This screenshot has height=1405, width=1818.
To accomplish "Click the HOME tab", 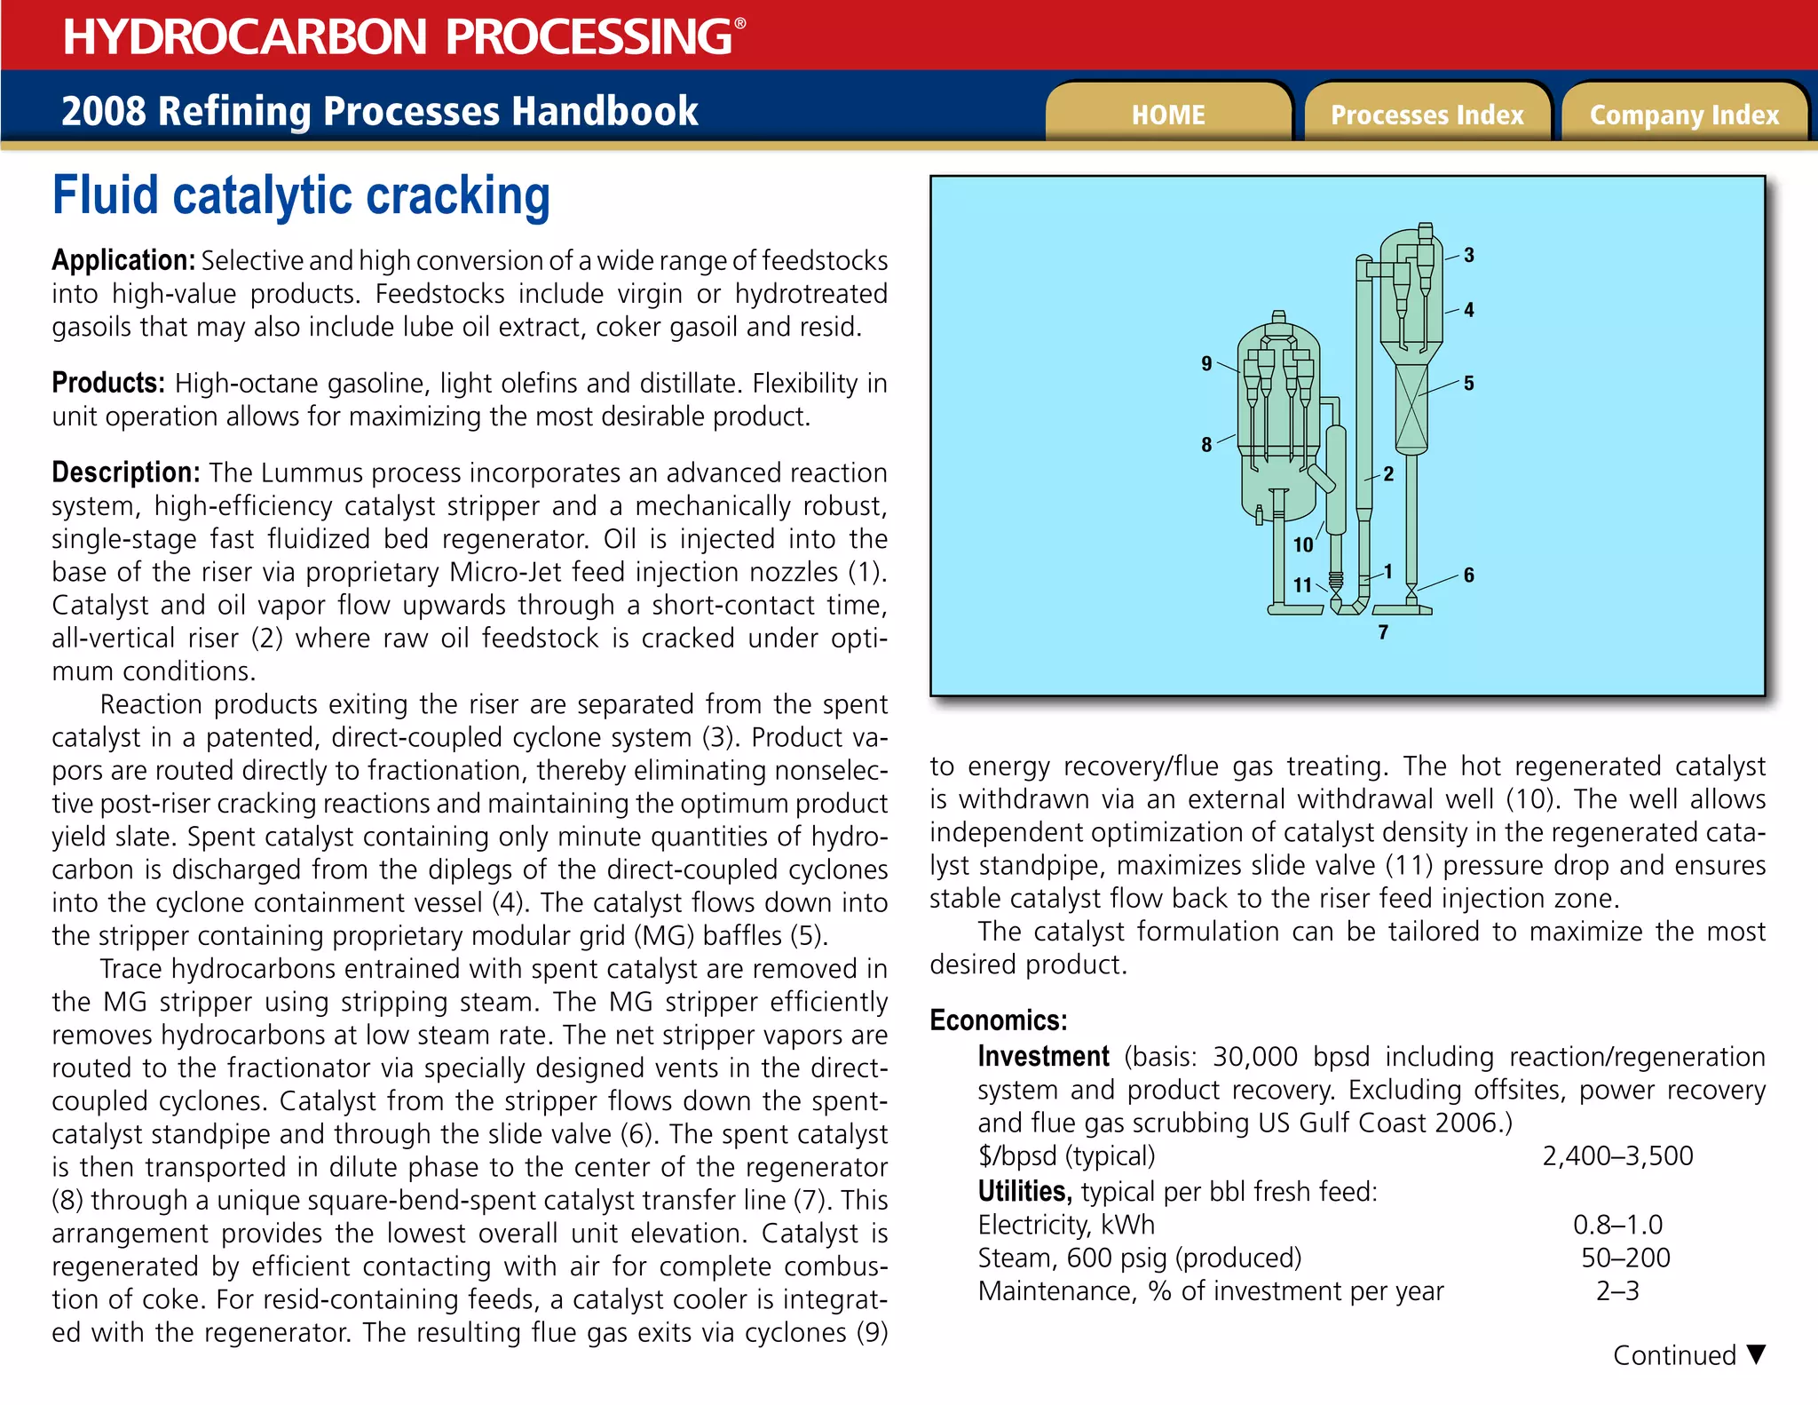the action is point(1167,115).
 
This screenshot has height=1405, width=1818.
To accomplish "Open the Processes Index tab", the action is point(1427,115).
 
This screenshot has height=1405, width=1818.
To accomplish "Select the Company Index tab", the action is point(1684,115).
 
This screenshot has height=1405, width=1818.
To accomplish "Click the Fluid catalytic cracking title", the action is point(302,195).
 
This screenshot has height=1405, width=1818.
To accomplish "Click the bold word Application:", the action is point(123,260).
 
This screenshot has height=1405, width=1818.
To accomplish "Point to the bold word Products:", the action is point(108,383).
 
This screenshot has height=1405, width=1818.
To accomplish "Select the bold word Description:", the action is point(126,472).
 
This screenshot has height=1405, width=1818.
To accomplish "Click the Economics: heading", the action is point(998,1020).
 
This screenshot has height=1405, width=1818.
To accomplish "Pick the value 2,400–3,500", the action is point(1617,1155).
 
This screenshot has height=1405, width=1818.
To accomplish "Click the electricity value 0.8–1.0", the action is point(1617,1225).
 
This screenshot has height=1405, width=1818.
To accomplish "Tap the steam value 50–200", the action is point(1624,1258).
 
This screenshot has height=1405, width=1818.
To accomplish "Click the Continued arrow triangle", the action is point(1754,1354).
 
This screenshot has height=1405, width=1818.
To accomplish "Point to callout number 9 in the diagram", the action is point(1205,363).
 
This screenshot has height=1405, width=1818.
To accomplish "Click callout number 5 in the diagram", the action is point(1468,383).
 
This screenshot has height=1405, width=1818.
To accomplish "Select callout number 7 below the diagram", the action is point(1383,632).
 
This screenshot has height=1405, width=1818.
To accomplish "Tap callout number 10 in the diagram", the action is point(1302,544).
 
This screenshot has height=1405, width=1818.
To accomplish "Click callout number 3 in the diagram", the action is point(1468,255).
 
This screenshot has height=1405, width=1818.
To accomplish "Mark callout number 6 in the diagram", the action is point(1468,575).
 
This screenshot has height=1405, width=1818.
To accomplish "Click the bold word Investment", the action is point(1043,1057).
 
